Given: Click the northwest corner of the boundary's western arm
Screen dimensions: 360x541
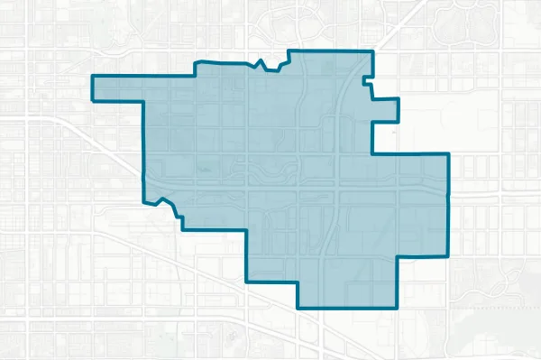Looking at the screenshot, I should pyautogui.click(x=93, y=77).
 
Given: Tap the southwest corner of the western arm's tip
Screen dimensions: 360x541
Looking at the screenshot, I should pyautogui.click(x=93, y=96).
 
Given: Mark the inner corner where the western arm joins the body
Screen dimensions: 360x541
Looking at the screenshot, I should pyautogui.click(x=143, y=97).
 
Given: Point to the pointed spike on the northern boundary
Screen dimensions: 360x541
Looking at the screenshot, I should pyautogui.click(x=260, y=60).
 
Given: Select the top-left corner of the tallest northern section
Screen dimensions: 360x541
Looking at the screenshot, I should pyautogui.click(x=289, y=51).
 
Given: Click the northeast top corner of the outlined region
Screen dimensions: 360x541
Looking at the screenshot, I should pyautogui.click(x=371, y=51).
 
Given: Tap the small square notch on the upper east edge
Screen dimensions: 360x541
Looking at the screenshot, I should pyautogui.click(x=364, y=83).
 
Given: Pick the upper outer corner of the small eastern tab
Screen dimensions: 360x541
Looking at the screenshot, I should pyautogui.click(x=398, y=97).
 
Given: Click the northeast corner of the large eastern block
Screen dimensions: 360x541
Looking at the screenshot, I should pyautogui.click(x=448, y=154).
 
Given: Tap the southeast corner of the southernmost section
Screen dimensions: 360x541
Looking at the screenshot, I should pyautogui.click(x=398, y=308).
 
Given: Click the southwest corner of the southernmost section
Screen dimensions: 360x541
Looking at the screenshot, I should pyautogui.click(x=298, y=308).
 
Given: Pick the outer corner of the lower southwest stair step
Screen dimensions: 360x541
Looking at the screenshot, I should pyautogui.click(x=247, y=281).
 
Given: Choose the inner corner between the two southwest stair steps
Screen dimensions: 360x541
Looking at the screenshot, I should pyautogui.click(x=247, y=229).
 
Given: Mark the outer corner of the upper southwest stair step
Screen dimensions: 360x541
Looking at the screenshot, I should pyautogui.click(x=182, y=229).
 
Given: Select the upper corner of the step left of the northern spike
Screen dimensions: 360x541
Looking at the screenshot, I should pyautogui.click(x=197, y=61).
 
